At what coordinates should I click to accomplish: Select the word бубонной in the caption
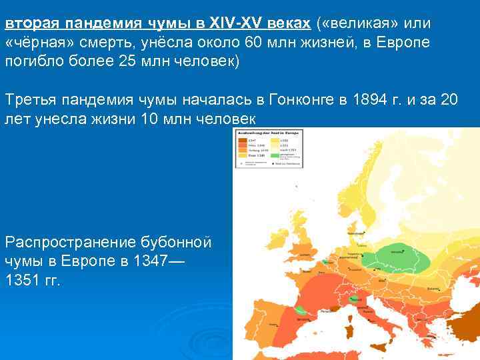point(186,241)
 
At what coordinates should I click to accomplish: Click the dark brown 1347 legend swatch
point(240,140)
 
